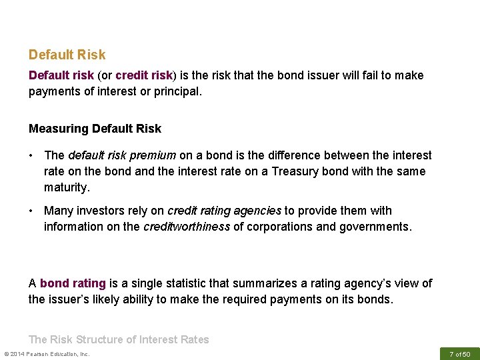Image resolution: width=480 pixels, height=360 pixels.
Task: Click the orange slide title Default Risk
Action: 67,55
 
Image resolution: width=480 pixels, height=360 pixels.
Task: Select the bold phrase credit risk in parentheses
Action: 143,75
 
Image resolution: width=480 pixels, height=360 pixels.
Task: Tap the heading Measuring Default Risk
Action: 95,128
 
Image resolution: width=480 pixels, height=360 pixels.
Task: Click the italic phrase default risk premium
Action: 121,155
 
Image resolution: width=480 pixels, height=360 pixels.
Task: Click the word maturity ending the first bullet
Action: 65,187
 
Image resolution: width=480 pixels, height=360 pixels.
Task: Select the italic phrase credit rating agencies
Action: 224,211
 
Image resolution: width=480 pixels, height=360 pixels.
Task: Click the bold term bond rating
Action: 73,283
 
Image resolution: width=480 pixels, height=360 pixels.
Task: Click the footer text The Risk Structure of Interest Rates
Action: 119,339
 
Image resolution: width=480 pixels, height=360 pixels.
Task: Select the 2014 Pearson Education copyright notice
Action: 47,353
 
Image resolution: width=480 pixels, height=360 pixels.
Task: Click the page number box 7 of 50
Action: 459,353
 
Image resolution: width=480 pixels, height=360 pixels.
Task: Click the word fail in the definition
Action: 363,75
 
